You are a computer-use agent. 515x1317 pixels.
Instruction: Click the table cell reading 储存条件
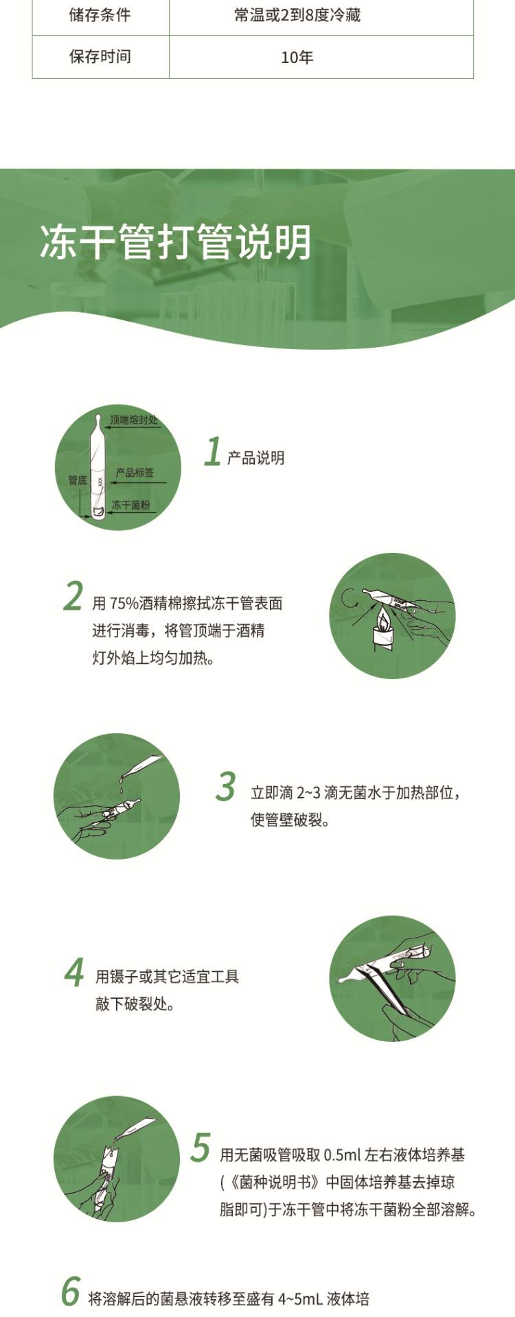point(100,15)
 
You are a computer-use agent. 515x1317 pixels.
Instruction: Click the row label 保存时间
point(100,57)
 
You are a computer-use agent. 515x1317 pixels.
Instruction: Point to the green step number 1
point(212,452)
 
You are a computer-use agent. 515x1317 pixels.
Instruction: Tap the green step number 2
point(73,595)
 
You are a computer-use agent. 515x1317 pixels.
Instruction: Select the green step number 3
point(225,787)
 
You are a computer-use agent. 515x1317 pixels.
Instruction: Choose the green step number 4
point(74,972)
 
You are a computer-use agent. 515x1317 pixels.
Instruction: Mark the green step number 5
point(201,1148)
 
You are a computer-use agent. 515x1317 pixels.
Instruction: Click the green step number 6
point(71,1292)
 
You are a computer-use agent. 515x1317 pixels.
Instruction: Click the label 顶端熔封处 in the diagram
point(134,419)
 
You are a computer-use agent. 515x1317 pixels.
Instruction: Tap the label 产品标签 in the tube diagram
point(135,473)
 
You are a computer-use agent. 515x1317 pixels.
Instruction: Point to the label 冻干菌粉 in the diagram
point(130,505)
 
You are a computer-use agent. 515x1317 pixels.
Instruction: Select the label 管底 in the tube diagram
point(78,480)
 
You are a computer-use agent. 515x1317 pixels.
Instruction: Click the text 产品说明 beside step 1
point(255,458)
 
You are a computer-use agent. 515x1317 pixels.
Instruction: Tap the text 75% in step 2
point(123,604)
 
